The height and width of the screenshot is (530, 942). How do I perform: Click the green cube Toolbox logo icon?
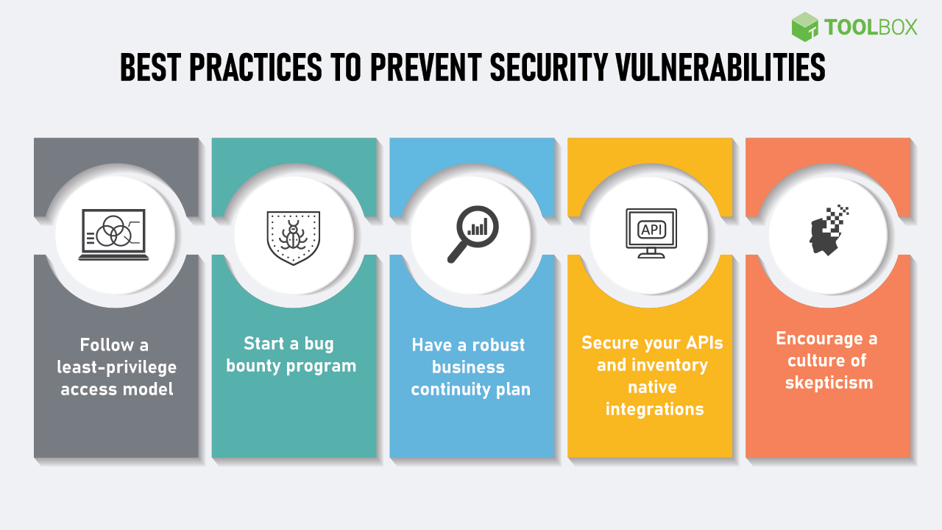(805, 27)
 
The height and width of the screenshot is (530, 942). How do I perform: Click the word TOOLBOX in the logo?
(871, 28)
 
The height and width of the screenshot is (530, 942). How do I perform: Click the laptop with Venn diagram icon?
(115, 235)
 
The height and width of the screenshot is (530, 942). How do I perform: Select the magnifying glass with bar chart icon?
(472, 234)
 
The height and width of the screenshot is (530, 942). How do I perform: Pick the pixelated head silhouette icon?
(829, 230)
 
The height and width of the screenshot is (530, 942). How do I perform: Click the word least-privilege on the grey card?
(118, 367)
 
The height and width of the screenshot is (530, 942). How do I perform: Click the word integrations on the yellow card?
(654, 409)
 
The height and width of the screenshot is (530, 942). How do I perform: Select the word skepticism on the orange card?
(829, 382)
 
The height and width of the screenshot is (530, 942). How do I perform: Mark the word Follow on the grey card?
(107, 344)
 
